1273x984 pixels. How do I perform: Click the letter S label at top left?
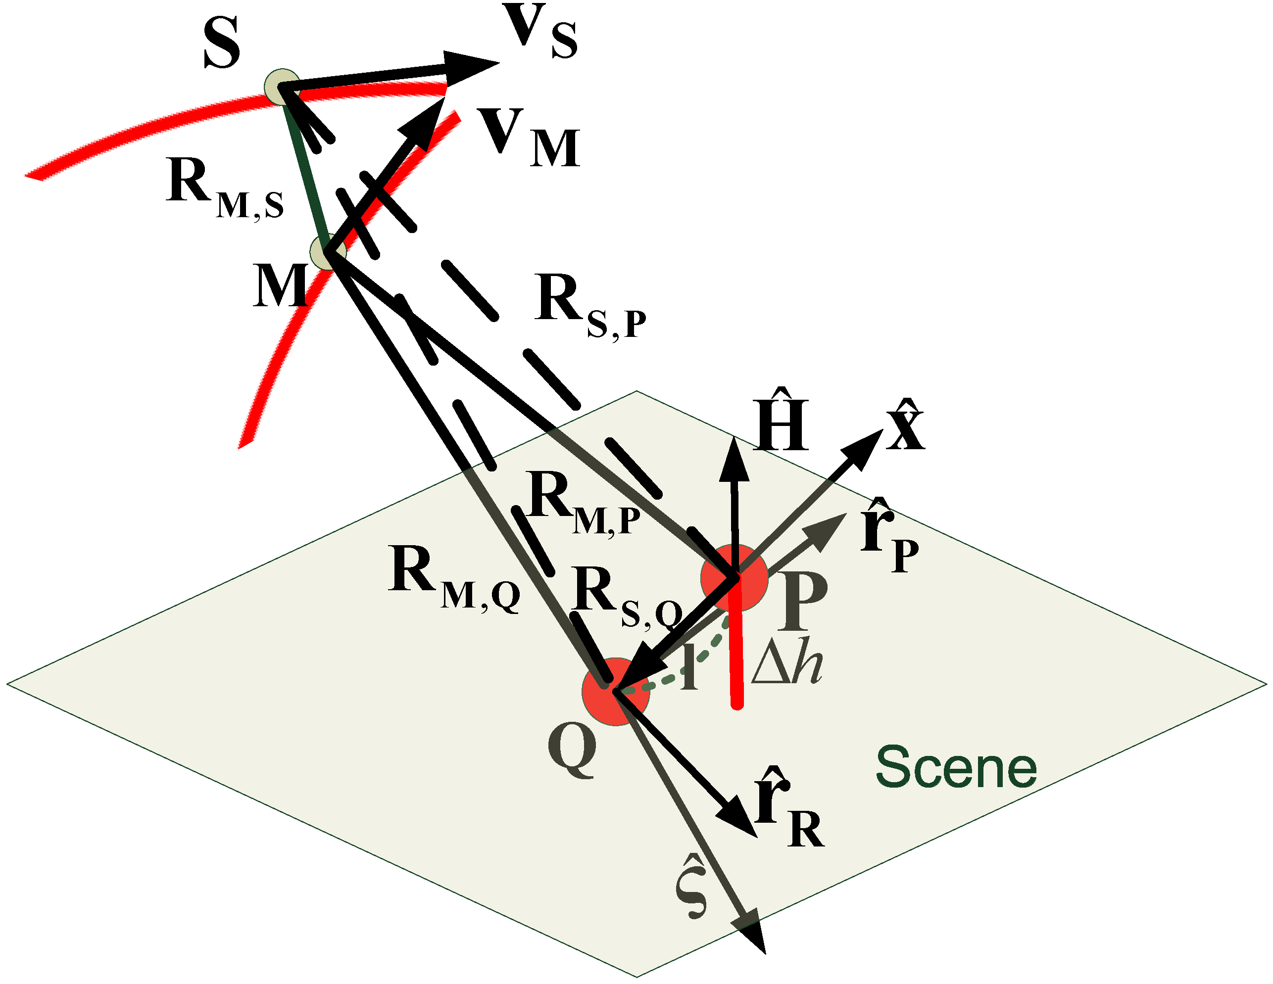(222, 43)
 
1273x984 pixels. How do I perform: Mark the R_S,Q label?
(627, 597)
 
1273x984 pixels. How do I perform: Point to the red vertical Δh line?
(737, 658)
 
